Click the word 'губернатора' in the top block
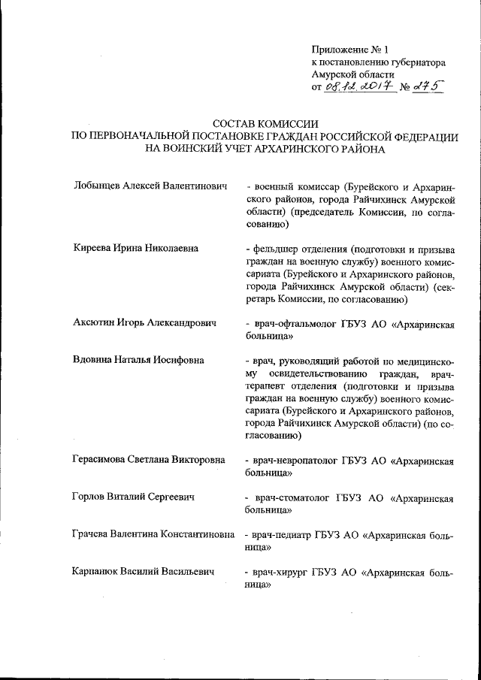[x=416, y=62]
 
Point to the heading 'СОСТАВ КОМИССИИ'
[x=262, y=124]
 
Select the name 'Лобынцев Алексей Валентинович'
[x=150, y=186]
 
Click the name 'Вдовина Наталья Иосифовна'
[x=139, y=360]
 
